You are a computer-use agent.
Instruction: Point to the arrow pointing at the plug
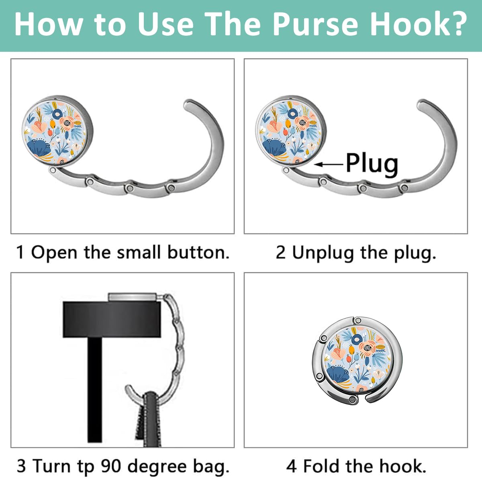pyautogui.click(x=329, y=164)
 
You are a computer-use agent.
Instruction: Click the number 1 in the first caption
pyautogui.click(x=20, y=253)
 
